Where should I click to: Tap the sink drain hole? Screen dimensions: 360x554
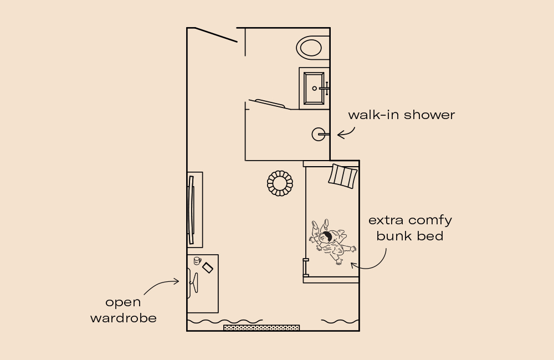point(315,88)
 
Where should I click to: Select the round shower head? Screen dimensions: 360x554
point(318,134)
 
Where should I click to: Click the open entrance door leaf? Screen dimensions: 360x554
point(216,34)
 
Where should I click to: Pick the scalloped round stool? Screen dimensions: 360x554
point(280,183)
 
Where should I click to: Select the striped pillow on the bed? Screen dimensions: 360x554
point(343,176)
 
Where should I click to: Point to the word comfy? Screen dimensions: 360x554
point(430,220)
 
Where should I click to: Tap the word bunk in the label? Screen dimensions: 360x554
point(391,236)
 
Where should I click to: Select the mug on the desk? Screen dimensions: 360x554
point(197,260)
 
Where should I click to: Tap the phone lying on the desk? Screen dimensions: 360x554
point(208,268)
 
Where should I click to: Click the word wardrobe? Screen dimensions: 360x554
point(123,318)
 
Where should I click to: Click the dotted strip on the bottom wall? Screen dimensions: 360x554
point(261,328)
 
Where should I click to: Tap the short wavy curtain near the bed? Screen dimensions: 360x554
point(340,321)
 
